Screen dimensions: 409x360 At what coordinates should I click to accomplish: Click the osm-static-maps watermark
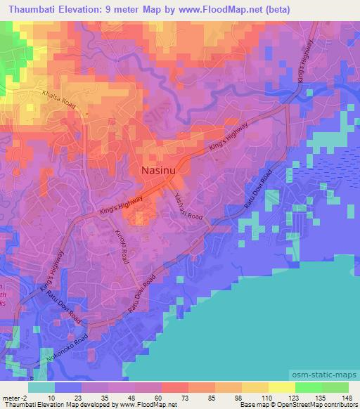coord(327,372)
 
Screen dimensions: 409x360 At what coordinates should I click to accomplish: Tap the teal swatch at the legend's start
coord(43,386)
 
